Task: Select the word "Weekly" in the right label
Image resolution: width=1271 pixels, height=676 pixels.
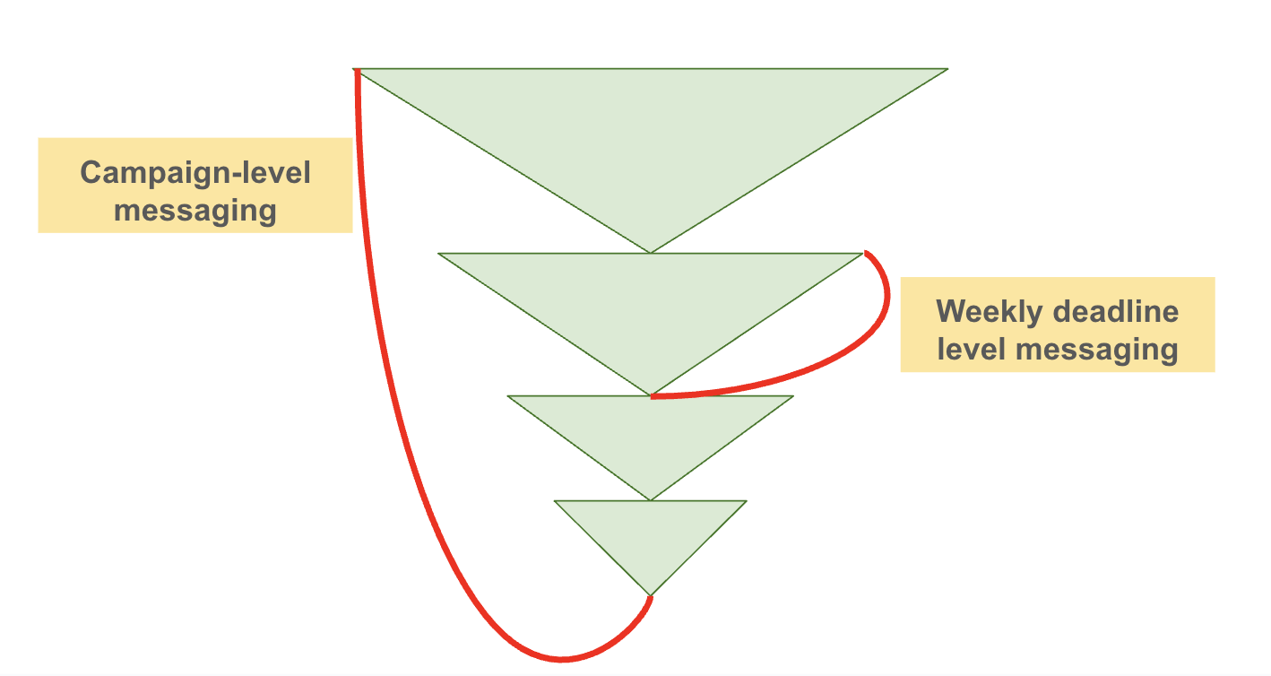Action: [x=989, y=312]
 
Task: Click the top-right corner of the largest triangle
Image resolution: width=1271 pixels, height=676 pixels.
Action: [x=947, y=69]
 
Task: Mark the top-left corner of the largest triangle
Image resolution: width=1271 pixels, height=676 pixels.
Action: [x=356, y=69]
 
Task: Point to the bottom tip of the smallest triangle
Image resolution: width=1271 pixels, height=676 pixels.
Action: [x=651, y=594]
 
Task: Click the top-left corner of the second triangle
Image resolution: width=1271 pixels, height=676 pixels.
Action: [x=438, y=254]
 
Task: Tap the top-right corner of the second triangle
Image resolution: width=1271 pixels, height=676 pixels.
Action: [x=862, y=254]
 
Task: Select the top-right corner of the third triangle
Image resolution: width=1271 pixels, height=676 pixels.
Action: [x=793, y=396]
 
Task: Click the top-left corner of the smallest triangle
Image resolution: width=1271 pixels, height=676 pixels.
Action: [x=555, y=501]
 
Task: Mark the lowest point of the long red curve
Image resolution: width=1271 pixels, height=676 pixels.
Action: [x=562, y=660]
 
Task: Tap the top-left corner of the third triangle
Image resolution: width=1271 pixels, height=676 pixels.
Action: [x=508, y=396]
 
